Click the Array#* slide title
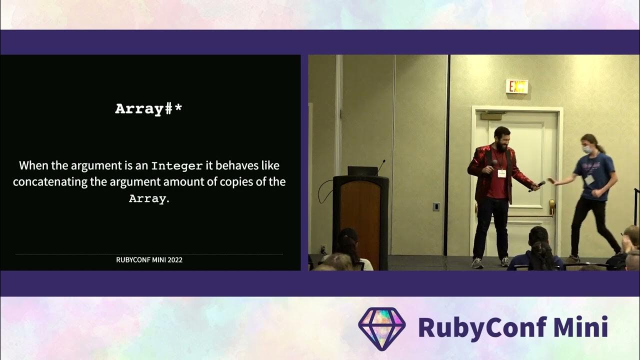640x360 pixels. pos(148,109)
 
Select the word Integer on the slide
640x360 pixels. pos(177,165)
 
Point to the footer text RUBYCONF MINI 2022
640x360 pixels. pos(149,260)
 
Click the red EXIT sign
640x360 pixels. pos(516,86)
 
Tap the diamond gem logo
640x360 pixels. pos(382,328)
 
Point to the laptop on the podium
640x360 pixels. pos(362,171)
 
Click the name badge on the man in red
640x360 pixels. pos(501,173)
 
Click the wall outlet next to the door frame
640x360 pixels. pos(436,206)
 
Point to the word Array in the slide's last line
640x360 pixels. pos(147,198)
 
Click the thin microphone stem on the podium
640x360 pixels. pos(381,165)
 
